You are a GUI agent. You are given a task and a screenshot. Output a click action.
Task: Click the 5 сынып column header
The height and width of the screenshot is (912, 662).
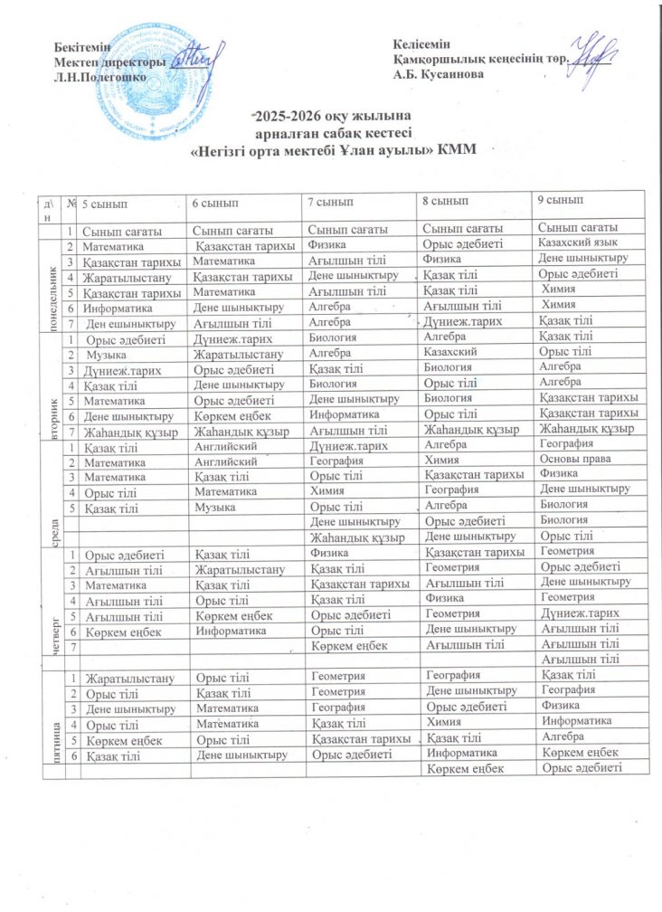coord(104,201)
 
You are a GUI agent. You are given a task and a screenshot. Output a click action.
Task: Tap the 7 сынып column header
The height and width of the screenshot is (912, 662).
coord(331,200)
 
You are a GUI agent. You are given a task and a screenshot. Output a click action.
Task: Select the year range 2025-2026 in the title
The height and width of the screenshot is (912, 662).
coord(287,117)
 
